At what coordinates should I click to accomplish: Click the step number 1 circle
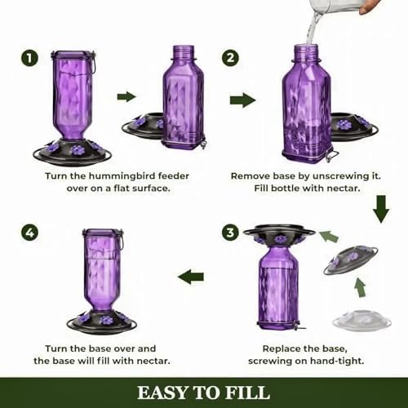(x=29, y=58)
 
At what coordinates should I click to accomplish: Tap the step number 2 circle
(x=230, y=58)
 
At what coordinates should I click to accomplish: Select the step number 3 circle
(x=230, y=233)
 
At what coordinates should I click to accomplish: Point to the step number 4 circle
(x=29, y=233)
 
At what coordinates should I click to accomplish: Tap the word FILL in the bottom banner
(x=247, y=393)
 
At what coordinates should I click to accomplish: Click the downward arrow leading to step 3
(x=381, y=209)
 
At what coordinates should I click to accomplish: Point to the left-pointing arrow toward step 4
(x=191, y=277)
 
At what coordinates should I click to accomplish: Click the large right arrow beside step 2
(x=243, y=100)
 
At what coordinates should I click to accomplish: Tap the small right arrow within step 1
(x=126, y=96)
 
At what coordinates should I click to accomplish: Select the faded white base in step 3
(x=361, y=321)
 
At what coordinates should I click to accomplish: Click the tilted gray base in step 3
(x=351, y=260)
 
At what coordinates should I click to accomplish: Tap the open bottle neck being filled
(x=306, y=52)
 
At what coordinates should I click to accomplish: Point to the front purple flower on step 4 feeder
(x=106, y=320)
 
